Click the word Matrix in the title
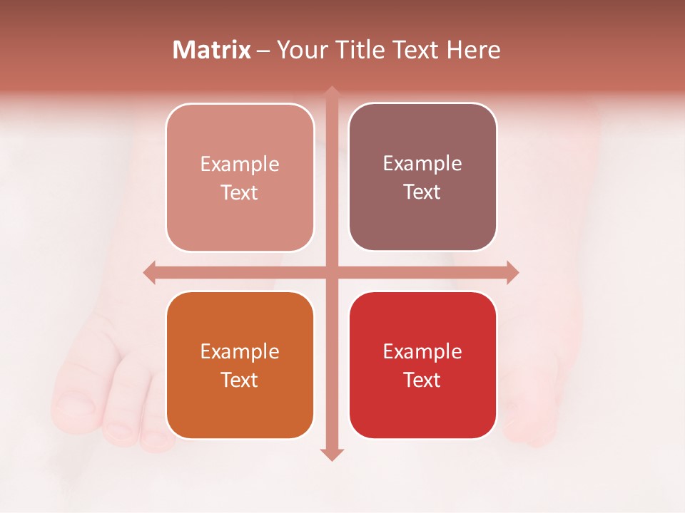(x=212, y=50)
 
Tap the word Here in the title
(x=473, y=50)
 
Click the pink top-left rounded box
(x=240, y=177)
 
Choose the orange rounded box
(x=240, y=365)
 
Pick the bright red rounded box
(x=422, y=365)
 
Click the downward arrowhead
(x=331, y=455)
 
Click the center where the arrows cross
(x=331, y=272)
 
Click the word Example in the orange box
(x=240, y=351)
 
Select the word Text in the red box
(x=422, y=380)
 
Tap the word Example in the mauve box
(x=422, y=163)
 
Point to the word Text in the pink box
(x=240, y=192)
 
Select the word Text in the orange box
(x=240, y=380)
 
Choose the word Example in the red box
(x=422, y=351)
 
